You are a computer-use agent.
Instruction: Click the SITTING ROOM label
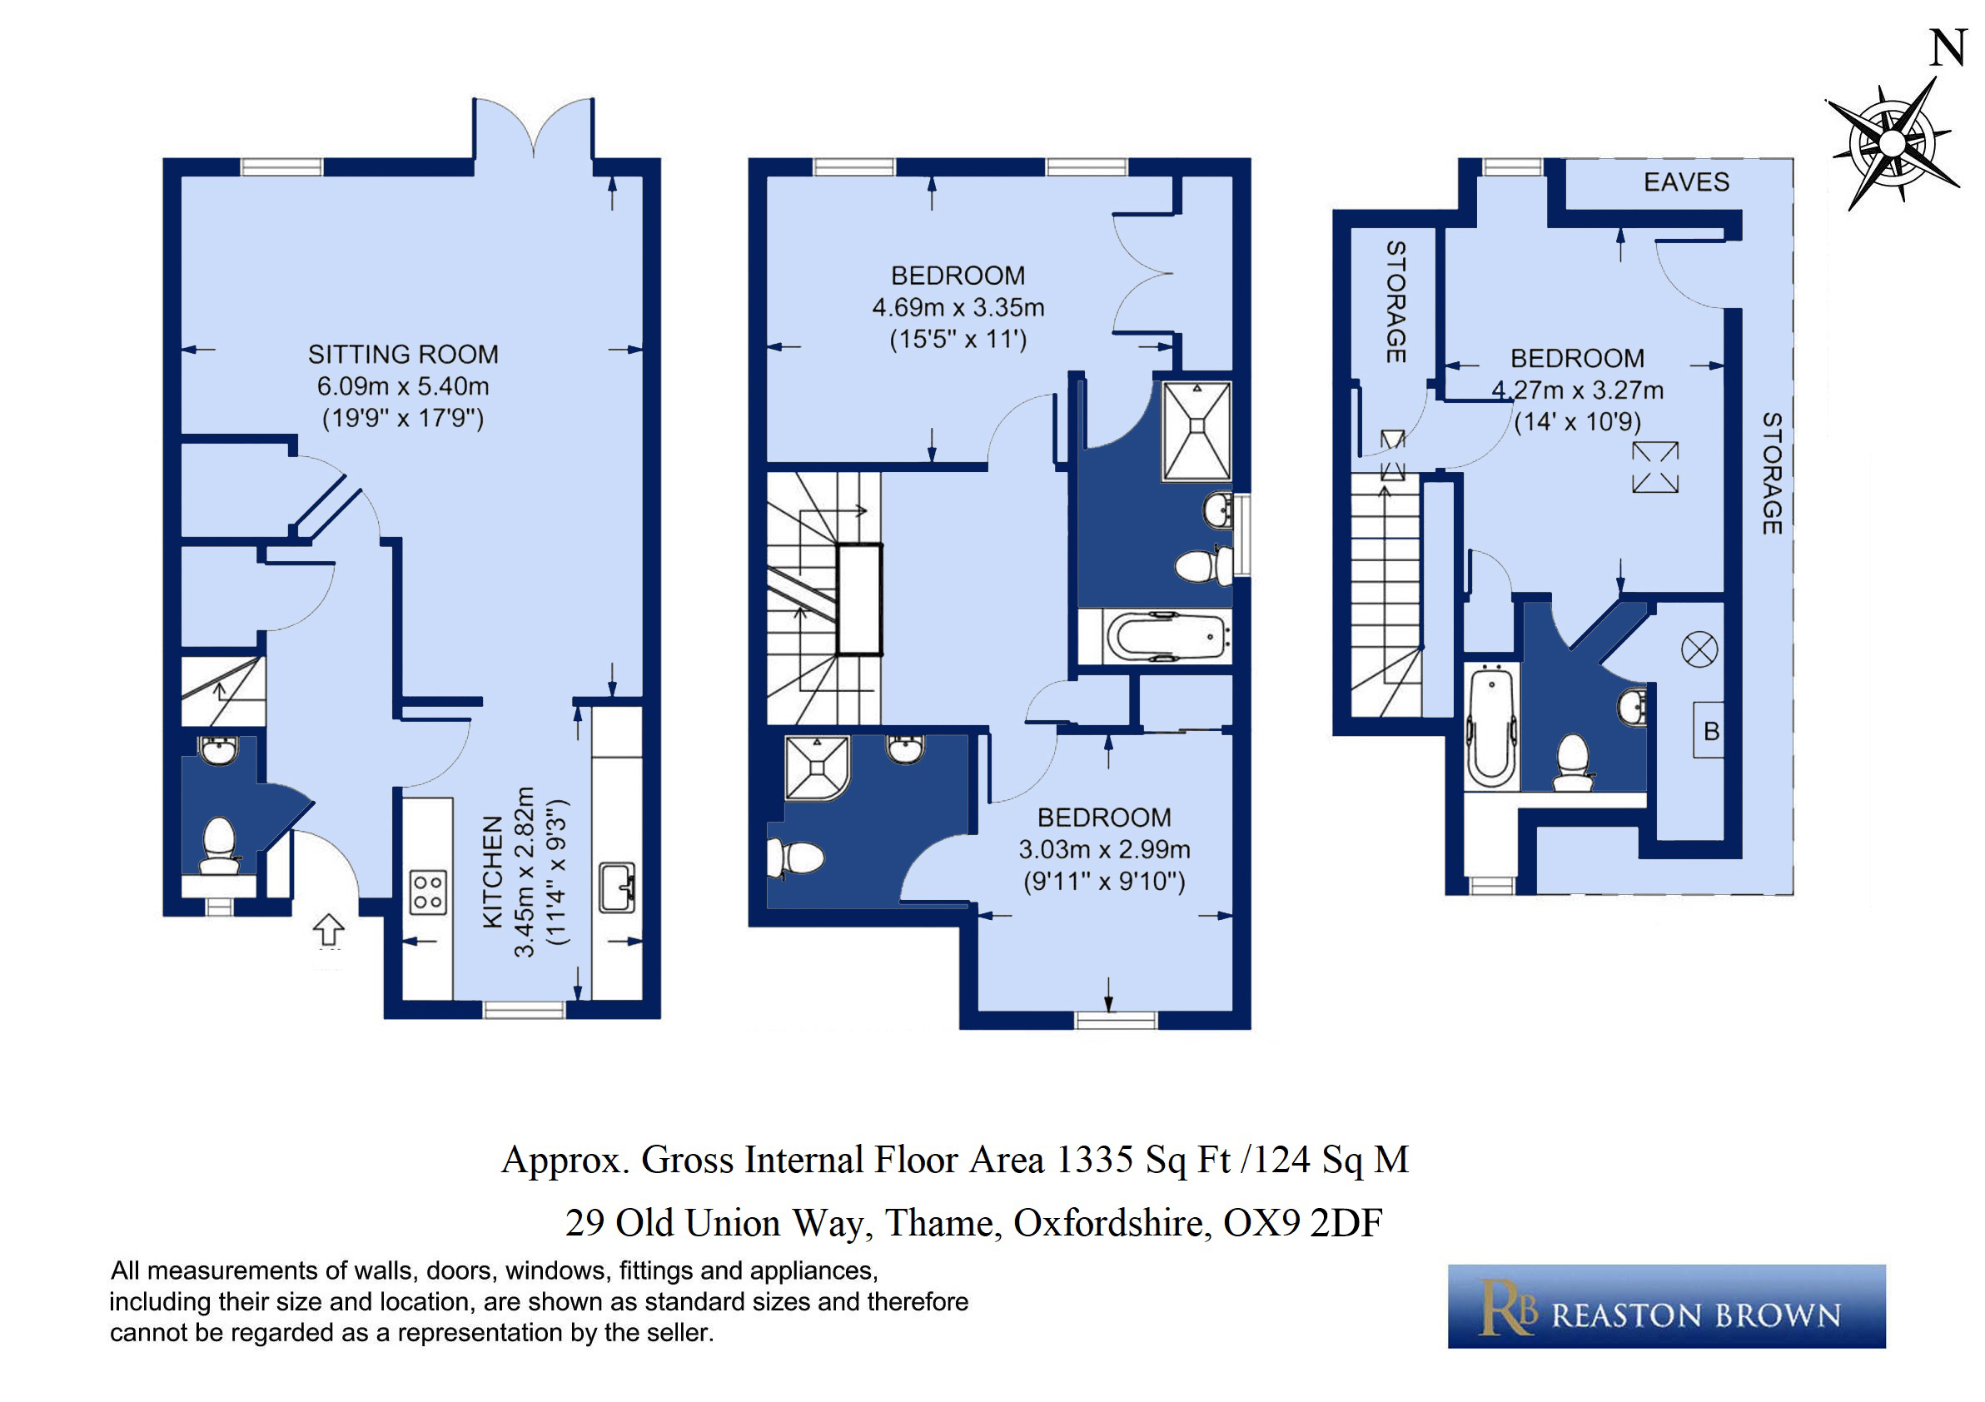click(x=403, y=355)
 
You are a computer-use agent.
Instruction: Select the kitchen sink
click(x=617, y=887)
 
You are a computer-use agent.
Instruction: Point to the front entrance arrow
click(x=329, y=930)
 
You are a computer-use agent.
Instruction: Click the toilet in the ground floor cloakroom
click(x=219, y=846)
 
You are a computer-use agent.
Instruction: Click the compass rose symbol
click(x=1893, y=143)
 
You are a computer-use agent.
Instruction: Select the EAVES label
click(x=1686, y=181)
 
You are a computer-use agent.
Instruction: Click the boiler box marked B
click(x=1709, y=730)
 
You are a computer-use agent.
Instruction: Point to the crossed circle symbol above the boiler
click(x=1699, y=650)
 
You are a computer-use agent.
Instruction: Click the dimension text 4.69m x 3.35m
click(x=958, y=308)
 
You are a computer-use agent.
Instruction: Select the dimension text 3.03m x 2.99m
click(x=1104, y=850)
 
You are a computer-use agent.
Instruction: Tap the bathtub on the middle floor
click(x=1167, y=638)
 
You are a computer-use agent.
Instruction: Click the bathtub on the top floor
click(x=1491, y=726)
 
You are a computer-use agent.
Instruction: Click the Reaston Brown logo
click(x=1666, y=1306)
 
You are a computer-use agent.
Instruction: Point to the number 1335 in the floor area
click(x=1095, y=1160)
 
